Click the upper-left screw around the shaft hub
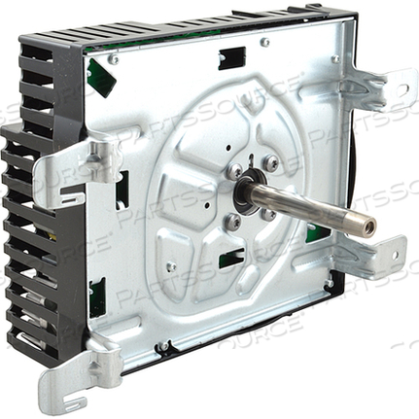pos(235,170)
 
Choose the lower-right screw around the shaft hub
pos(268,215)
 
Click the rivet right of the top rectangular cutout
pos(264,43)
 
